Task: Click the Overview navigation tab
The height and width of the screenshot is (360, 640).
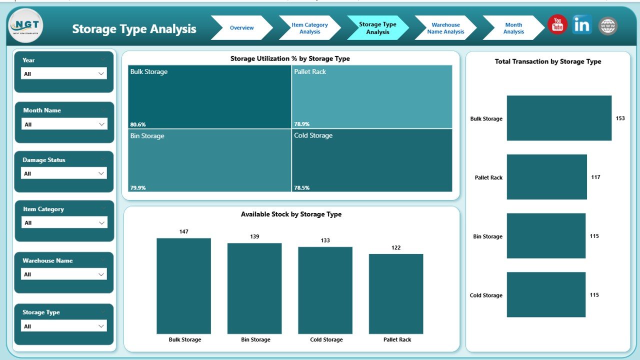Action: pyautogui.click(x=241, y=28)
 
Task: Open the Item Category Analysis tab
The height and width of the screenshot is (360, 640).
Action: pyautogui.click(x=309, y=28)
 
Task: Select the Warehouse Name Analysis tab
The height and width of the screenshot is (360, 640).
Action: pyautogui.click(x=445, y=28)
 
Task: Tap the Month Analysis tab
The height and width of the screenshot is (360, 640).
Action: pyautogui.click(x=513, y=28)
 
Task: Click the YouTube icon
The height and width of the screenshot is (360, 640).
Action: pyautogui.click(x=557, y=25)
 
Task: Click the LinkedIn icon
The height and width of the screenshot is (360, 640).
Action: pyautogui.click(x=582, y=25)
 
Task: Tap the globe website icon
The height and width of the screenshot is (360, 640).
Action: pyautogui.click(x=607, y=26)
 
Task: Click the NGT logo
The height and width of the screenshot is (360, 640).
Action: pyautogui.click(x=25, y=25)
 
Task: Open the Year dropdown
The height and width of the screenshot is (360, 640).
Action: pyautogui.click(x=64, y=73)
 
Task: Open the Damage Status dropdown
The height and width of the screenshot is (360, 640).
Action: pyautogui.click(x=64, y=173)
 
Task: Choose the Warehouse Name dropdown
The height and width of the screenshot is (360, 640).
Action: pyautogui.click(x=64, y=274)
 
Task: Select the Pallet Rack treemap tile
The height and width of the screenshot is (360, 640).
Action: pyautogui.click(x=372, y=97)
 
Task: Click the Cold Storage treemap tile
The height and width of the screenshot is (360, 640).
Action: pyautogui.click(x=372, y=160)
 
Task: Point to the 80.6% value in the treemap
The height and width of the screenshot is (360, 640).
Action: pyautogui.click(x=138, y=124)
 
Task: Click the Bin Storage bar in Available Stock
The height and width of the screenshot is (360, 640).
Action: pyautogui.click(x=254, y=288)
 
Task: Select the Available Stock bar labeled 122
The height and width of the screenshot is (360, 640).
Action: pyautogui.click(x=396, y=293)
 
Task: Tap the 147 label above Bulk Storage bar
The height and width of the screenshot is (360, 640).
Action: pyautogui.click(x=184, y=231)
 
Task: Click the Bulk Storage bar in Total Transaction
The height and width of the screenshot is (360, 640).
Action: pyautogui.click(x=559, y=118)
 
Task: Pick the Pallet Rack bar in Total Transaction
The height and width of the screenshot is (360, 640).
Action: pyautogui.click(x=546, y=177)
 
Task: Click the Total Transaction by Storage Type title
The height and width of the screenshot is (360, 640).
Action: pyautogui.click(x=548, y=61)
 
